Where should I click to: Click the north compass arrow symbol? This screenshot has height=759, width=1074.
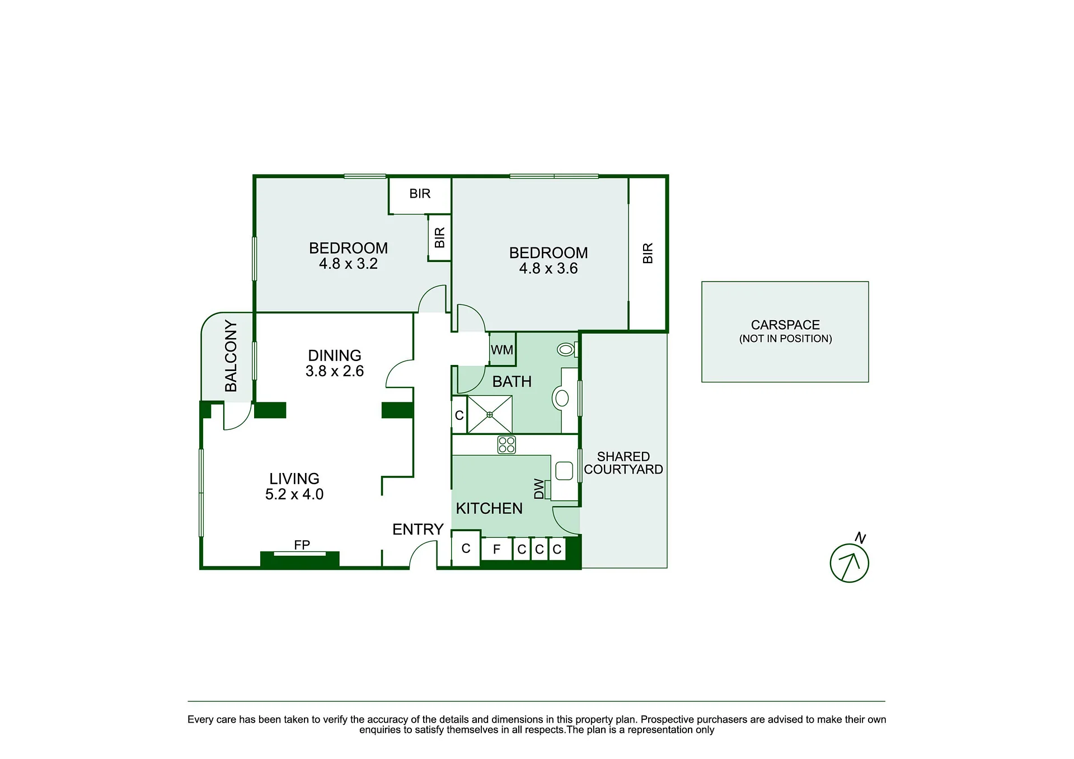[x=849, y=563]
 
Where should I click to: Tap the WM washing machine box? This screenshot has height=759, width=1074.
[x=502, y=349]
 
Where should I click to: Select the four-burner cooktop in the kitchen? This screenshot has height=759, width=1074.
[x=506, y=445]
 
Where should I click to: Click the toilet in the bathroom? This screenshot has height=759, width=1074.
[x=568, y=350]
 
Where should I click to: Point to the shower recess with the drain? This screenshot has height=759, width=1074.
[x=490, y=414]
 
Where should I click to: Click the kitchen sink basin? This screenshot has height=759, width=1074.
[x=564, y=471]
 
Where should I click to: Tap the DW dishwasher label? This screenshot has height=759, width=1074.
[x=538, y=489]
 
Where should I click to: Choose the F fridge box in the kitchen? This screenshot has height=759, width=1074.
[x=496, y=549]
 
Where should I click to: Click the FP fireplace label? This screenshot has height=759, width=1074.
[x=302, y=545]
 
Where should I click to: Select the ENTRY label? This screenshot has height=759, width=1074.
[x=418, y=530]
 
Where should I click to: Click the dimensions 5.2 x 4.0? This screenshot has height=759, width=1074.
[x=294, y=494]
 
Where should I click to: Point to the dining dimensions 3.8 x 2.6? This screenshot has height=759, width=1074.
[x=335, y=371]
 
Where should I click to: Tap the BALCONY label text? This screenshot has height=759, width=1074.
[x=231, y=356]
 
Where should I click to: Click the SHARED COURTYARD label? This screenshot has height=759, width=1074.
[x=623, y=463]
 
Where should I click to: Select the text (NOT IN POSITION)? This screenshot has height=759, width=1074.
[x=785, y=339]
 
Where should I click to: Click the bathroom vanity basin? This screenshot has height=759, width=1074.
[x=562, y=398]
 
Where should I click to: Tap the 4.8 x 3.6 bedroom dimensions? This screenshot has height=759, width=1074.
[x=548, y=269]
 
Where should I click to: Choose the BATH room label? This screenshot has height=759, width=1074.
[x=512, y=382]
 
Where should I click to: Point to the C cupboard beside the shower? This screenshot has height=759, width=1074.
[x=459, y=415]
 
